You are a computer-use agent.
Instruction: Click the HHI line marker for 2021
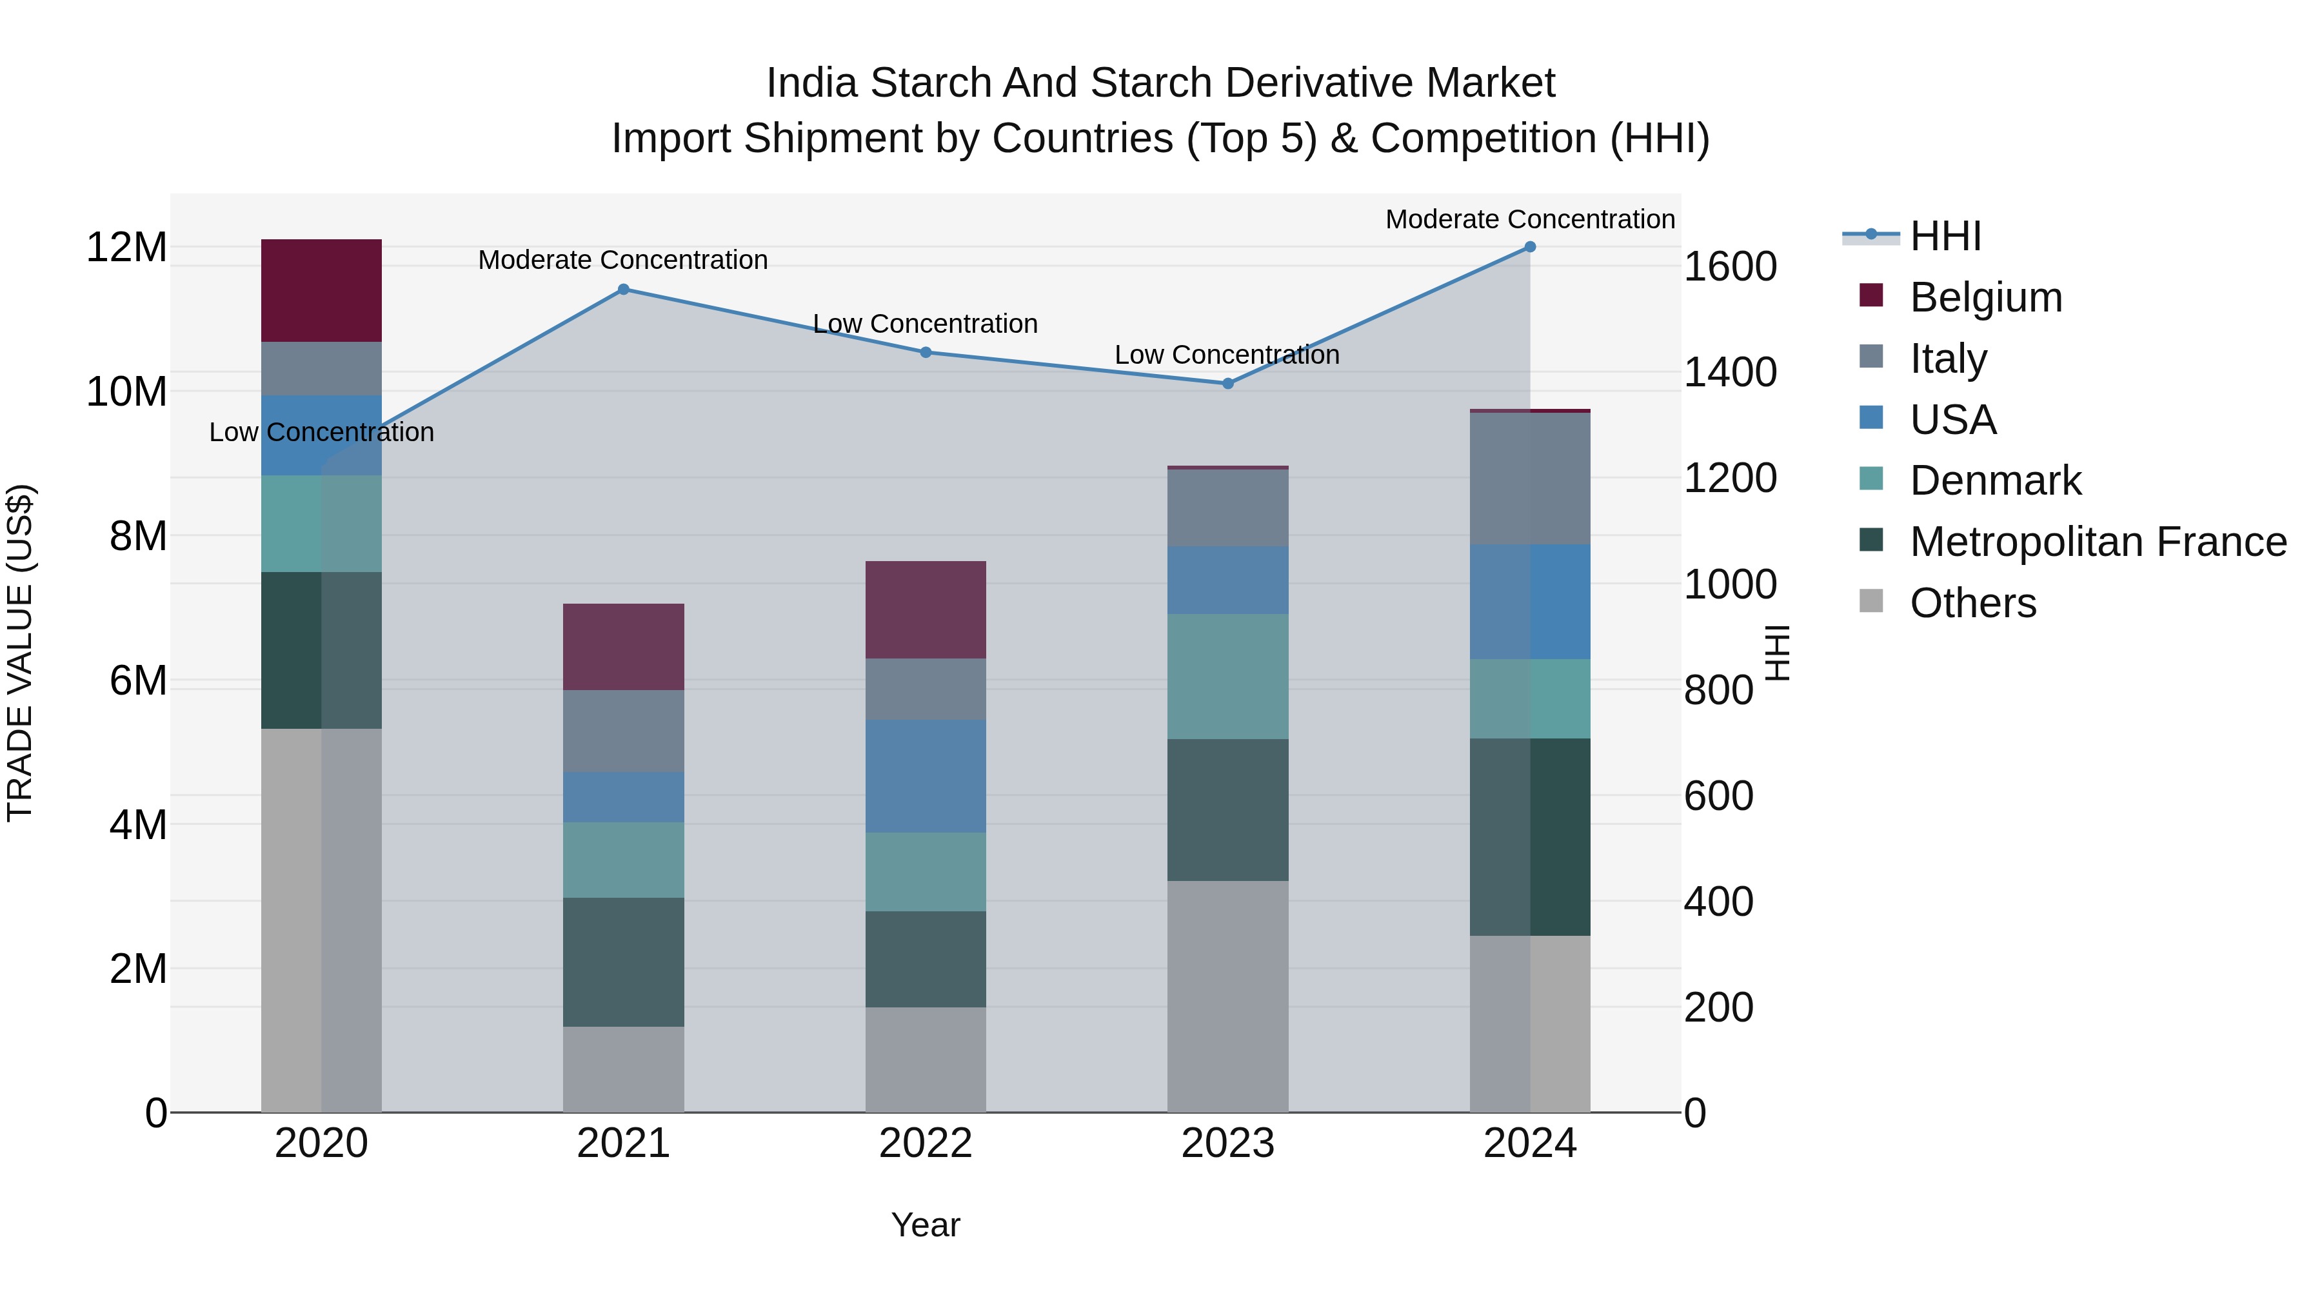coord(623,290)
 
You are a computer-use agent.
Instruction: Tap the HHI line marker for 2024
coord(1530,247)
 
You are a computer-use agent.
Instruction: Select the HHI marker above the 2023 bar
coord(1227,383)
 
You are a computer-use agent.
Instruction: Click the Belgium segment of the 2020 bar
coord(322,290)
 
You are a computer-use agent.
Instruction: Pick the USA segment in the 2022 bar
coord(926,775)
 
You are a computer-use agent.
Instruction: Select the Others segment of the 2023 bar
coord(1227,996)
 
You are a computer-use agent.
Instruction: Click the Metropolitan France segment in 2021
coord(623,962)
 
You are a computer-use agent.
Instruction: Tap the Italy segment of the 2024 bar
coord(1530,478)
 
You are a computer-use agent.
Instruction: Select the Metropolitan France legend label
coord(2098,542)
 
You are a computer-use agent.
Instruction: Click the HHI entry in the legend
coord(1944,236)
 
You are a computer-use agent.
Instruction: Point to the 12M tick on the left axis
coord(126,247)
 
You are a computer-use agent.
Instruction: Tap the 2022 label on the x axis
coord(926,1143)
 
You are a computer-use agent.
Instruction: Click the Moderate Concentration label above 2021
coord(623,259)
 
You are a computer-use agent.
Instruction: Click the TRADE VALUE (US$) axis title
coord(20,653)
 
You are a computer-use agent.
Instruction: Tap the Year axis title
coord(926,1225)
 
